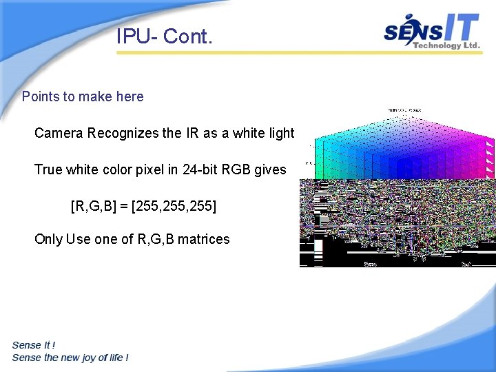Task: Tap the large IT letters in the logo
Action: (x=458, y=29)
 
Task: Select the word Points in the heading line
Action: (x=41, y=96)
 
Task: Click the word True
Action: (x=48, y=169)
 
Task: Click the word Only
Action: (x=48, y=239)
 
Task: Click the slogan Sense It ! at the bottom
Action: (x=34, y=345)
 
